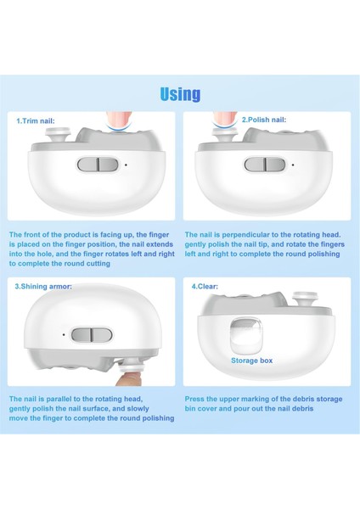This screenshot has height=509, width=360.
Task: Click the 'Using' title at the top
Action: pos(180,94)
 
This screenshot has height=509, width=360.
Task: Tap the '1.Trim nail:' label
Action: pos(36,121)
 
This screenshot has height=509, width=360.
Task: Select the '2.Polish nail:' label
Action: pos(264,120)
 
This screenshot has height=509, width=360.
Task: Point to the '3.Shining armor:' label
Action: pos(43,287)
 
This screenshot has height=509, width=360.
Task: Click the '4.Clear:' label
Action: pos(205,287)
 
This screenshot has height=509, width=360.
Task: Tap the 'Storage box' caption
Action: pos(252,361)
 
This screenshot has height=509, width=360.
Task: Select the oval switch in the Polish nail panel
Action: pos(265,165)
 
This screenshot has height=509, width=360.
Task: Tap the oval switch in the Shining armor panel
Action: pos(92,335)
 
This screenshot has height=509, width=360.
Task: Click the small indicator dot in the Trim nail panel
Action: pos(126,165)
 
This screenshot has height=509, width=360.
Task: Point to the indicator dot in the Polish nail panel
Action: pos(293,165)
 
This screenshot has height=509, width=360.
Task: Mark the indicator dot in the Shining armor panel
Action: pos(64,334)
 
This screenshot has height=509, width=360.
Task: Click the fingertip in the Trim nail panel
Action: pos(119,120)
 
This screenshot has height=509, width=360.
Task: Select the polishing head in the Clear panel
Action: pos(305,299)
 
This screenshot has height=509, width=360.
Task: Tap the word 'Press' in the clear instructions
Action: pos(194,399)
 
